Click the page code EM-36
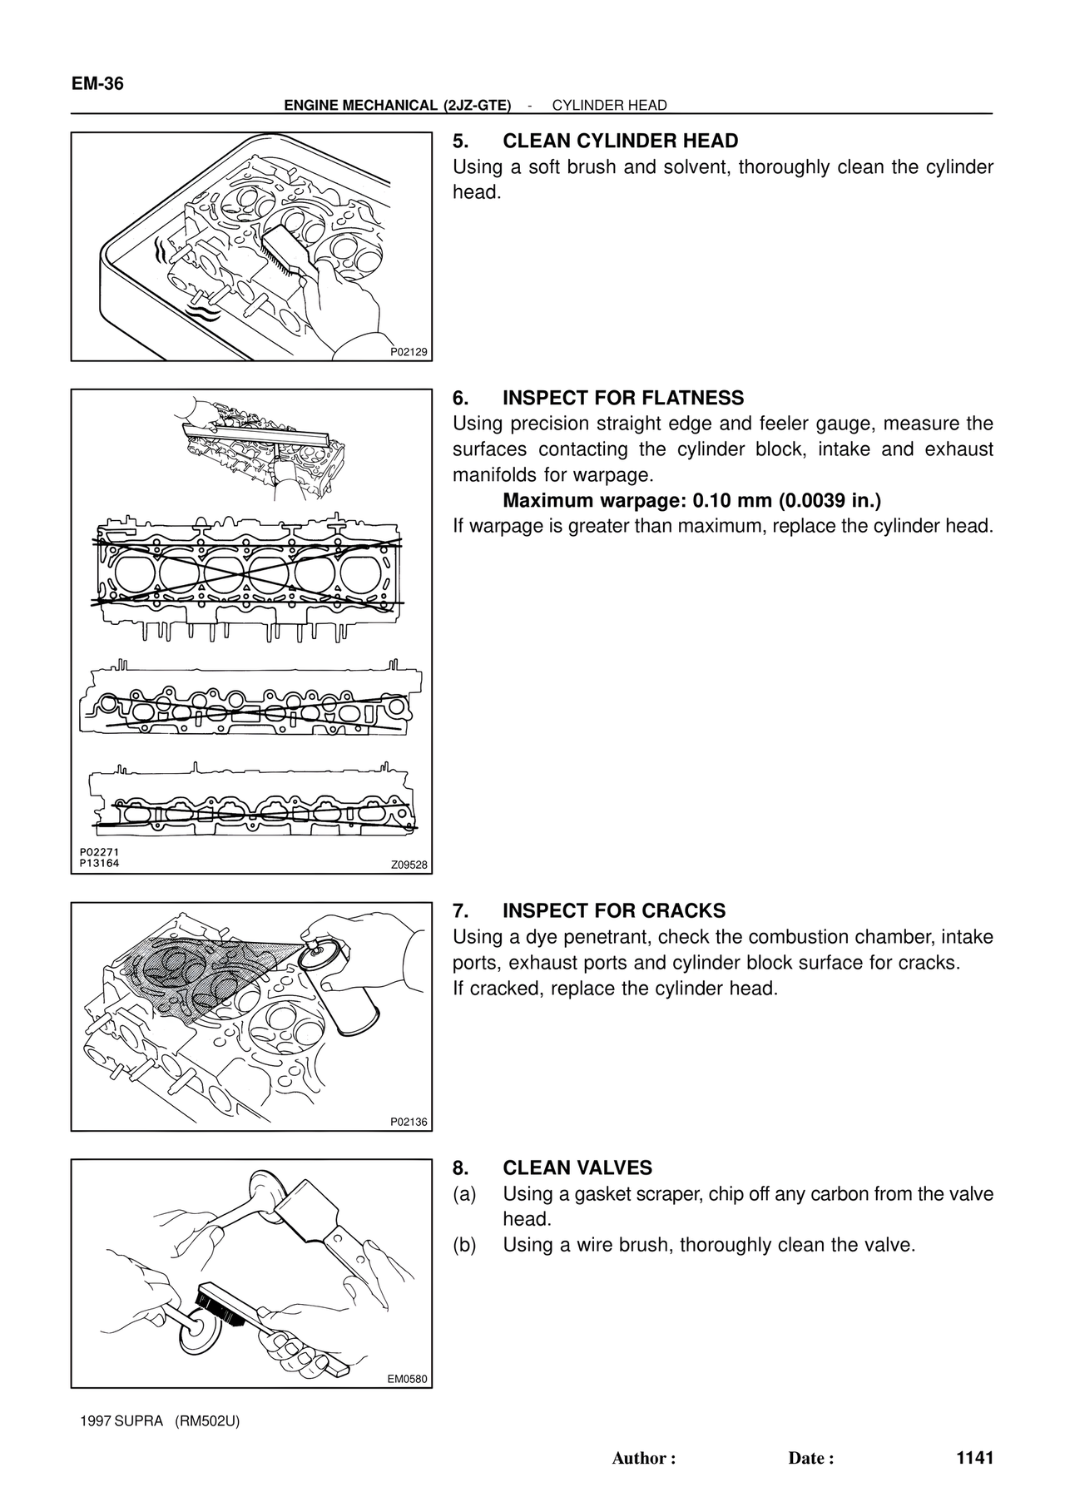click(x=97, y=84)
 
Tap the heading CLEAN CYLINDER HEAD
click(x=620, y=141)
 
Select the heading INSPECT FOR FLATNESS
click(x=623, y=398)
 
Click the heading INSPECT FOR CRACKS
click(x=614, y=910)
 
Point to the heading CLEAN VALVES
click(x=577, y=1167)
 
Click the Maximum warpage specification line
click(x=691, y=501)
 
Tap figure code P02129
click(x=409, y=352)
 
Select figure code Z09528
click(x=409, y=865)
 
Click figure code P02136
click(x=409, y=1122)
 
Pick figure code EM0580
click(x=408, y=1379)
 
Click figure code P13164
click(x=100, y=863)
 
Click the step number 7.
click(x=458, y=910)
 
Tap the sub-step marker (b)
click(x=464, y=1245)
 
